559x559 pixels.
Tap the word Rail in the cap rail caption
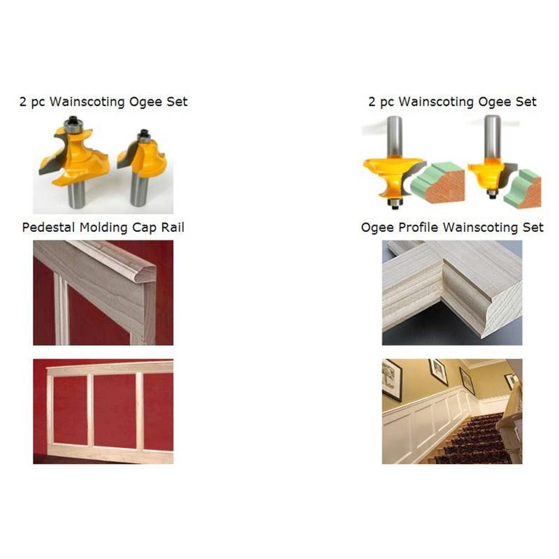[173, 228]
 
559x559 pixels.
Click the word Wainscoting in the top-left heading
[87, 102]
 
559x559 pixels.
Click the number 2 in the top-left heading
[23, 102]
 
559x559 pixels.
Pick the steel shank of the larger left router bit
[77, 194]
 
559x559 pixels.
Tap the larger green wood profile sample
[438, 183]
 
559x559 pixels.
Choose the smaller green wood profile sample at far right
[523, 189]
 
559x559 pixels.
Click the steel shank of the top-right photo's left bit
[395, 136]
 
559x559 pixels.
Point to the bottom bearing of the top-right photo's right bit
[493, 194]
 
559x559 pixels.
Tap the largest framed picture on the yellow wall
[392, 379]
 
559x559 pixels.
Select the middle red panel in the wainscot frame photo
[115, 411]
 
